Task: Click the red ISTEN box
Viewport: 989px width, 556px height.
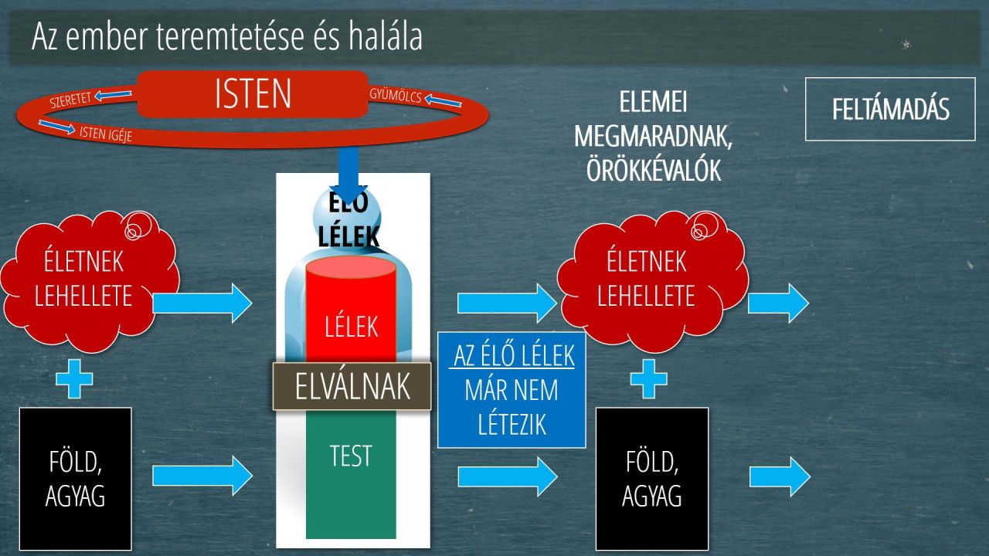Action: tap(252, 93)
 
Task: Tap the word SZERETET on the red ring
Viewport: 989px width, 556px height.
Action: tap(70, 100)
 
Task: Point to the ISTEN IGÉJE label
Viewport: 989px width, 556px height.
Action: tap(106, 134)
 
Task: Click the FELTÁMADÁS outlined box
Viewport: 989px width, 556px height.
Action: tap(890, 109)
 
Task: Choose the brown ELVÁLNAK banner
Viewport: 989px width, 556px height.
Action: tap(352, 386)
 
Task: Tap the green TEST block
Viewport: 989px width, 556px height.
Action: tap(351, 474)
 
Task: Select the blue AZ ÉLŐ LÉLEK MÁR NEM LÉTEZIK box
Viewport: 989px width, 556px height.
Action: tap(511, 390)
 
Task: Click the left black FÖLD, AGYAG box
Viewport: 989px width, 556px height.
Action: tap(76, 479)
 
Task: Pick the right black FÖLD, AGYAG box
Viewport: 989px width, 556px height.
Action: tap(652, 479)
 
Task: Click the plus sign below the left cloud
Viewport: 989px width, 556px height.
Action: tap(75, 379)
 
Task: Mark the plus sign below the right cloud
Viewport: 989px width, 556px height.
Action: tap(648, 379)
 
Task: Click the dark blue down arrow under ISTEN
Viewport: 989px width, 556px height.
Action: tap(348, 175)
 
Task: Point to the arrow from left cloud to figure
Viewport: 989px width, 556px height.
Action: tap(202, 303)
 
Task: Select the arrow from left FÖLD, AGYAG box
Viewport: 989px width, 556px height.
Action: tap(202, 476)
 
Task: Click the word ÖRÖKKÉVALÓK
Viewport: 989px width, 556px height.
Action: tap(654, 170)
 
